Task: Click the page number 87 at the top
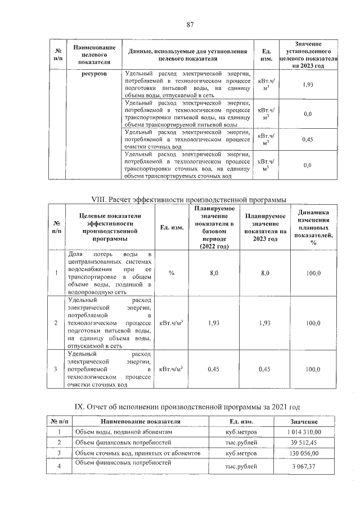(190, 24)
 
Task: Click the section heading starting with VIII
(190, 200)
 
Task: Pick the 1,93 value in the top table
(308, 84)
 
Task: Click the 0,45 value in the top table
(308, 139)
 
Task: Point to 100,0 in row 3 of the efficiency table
(313, 370)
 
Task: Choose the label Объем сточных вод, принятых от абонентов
(137, 453)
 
